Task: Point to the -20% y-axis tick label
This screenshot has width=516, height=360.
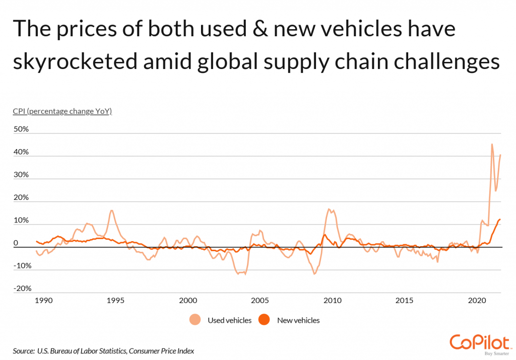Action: (x=22, y=289)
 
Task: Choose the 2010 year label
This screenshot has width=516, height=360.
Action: (x=332, y=301)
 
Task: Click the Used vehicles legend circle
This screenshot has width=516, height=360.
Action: (x=195, y=320)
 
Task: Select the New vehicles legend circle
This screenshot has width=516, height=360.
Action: (x=264, y=320)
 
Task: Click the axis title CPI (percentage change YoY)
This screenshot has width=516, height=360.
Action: (x=62, y=111)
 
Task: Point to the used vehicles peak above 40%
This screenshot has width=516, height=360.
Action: (x=492, y=145)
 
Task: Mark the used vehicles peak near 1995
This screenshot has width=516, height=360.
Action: (x=111, y=210)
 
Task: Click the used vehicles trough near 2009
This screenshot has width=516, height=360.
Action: (x=314, y=274)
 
